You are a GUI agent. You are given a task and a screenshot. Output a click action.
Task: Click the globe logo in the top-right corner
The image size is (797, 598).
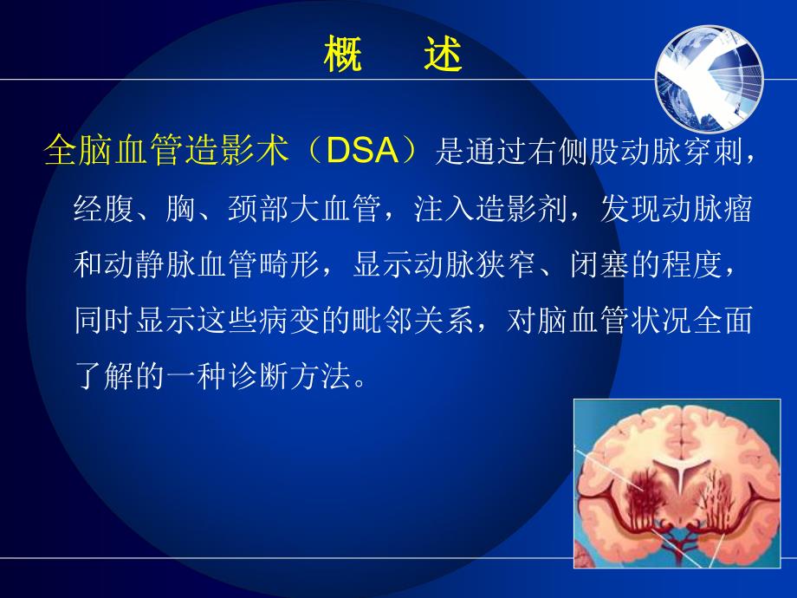click(710, 79)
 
